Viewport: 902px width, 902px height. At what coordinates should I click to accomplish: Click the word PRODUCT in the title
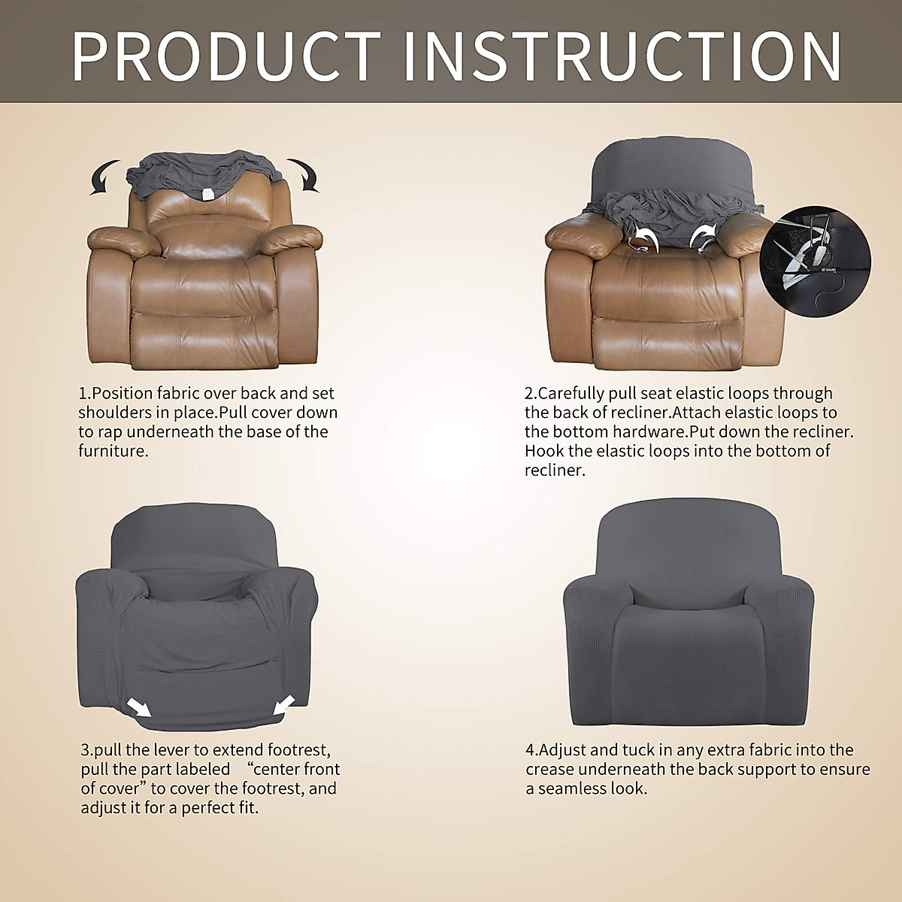(x=226, y=56)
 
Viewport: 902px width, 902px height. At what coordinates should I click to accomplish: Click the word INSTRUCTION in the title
(x=623, y=56)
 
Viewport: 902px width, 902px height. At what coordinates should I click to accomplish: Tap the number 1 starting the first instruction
(x=82, y=393)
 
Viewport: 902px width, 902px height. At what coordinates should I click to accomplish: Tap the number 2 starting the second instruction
(x=528, y=393)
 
